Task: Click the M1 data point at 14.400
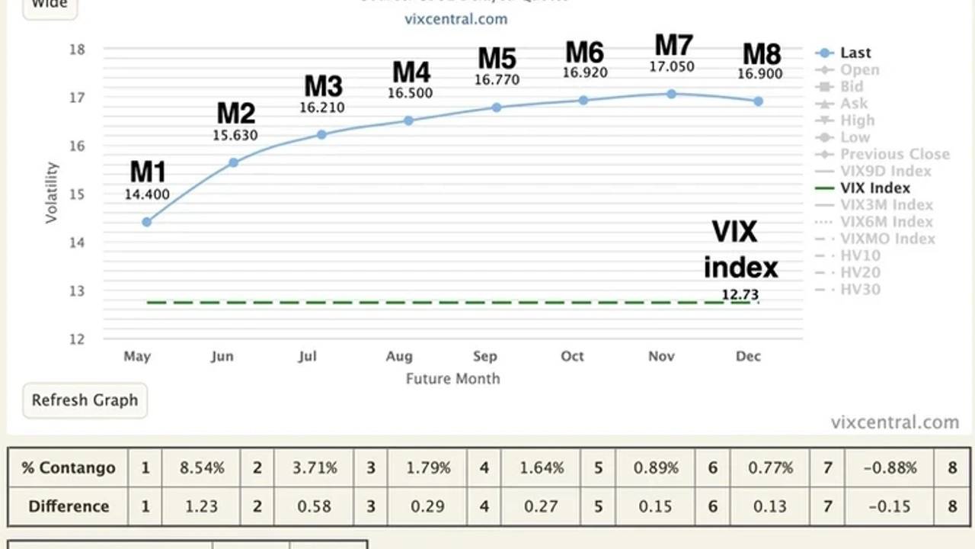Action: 147,222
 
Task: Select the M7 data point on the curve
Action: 671,94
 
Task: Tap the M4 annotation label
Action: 411,72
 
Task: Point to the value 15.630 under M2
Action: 235,135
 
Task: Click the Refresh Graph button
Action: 85,400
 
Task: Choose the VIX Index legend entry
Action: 874,188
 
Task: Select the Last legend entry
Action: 855,53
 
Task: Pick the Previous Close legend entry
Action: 894,154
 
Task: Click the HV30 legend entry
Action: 860,289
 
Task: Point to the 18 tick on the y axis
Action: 78,50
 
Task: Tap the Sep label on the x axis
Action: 485,356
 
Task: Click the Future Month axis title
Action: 452,378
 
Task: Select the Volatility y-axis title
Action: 52,192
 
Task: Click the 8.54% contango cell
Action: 202,467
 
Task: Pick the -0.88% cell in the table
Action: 890,467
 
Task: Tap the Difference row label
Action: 69,506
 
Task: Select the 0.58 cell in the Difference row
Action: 314,506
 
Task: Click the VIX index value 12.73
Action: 740,294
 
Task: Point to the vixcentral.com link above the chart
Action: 456,19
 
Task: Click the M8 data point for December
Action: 759,101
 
